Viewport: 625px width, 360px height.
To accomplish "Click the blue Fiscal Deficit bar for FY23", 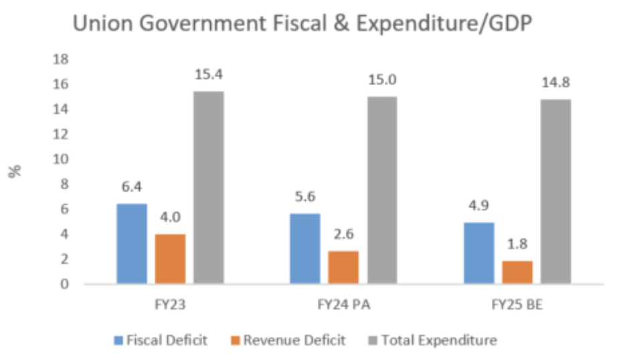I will tap(131, 244).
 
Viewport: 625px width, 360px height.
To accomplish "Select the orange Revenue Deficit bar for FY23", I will tap(170, 259).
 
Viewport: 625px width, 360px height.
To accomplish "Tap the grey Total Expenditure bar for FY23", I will tap(209, 188).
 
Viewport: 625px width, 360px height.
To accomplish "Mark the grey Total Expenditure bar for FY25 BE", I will tap(556, 191).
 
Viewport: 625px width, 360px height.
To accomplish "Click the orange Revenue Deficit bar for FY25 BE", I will tap(517, 272).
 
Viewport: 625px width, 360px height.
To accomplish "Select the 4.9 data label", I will tap(478, 207).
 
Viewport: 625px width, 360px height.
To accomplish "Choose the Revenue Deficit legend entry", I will tap(294, 340).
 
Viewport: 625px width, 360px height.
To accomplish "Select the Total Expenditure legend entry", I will tap(439, 340).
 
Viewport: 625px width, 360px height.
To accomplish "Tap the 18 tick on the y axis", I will tap(61, 59).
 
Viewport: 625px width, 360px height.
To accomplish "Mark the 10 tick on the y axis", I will tap(61, 159).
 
